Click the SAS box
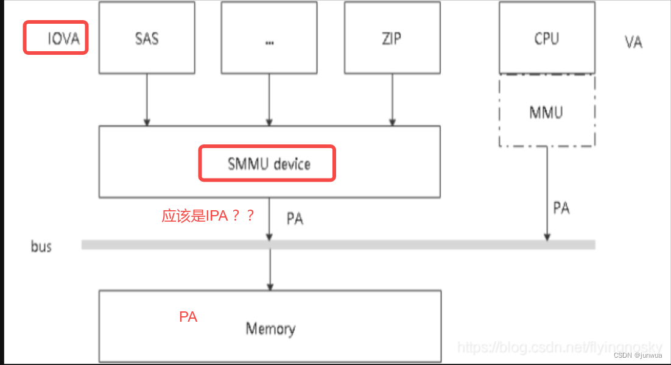coord(147,38)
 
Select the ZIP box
coord(392,38)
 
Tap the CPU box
coord(546,38)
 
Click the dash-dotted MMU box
coord(546,112)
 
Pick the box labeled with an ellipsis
coord(269,38)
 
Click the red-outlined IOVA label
coord(56,38)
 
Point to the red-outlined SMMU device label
coord(267,163)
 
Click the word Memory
coord(270,329)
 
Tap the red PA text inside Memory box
coord(188,317)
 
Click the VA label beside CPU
coord(633,42)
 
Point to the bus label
coord(41,247)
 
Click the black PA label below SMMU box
coord(295,219)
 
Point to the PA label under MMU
coord(561,208)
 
